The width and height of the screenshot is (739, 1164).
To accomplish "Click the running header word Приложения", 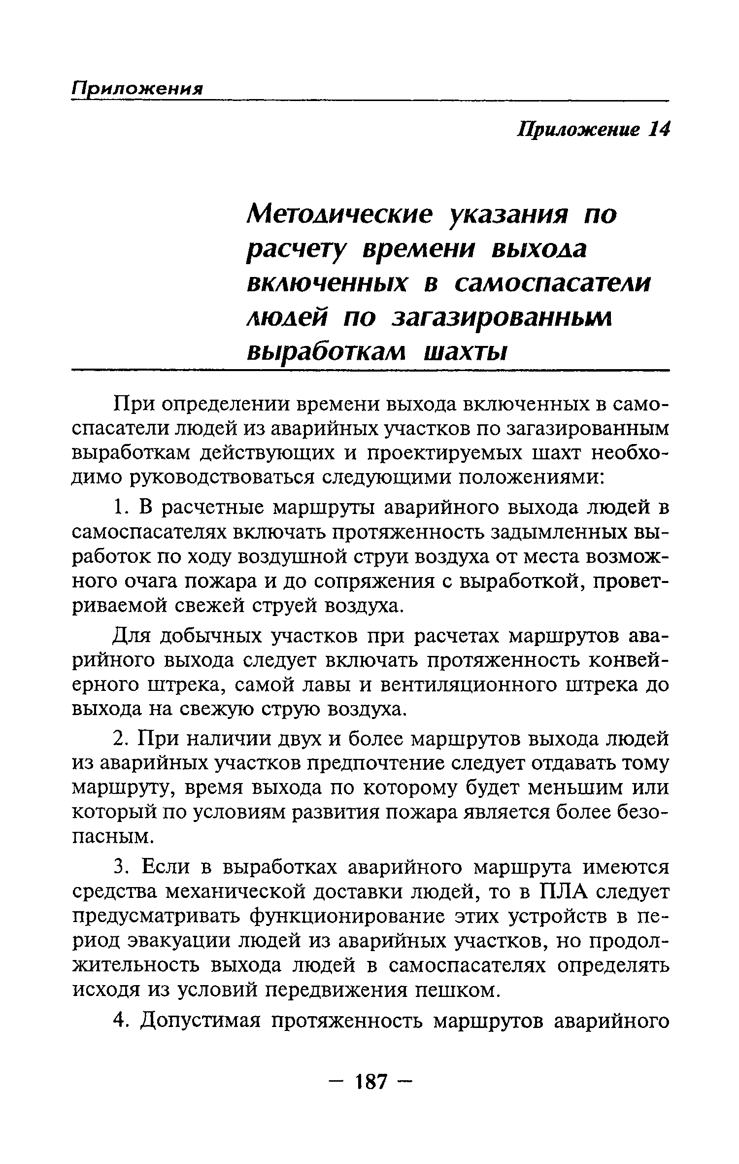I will (137, 89).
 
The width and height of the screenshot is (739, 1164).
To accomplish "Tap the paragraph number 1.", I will (120, 508).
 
